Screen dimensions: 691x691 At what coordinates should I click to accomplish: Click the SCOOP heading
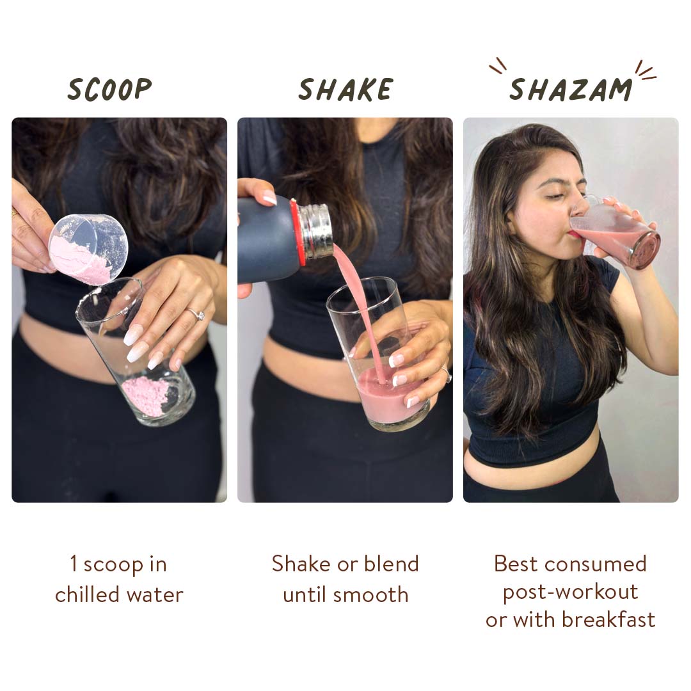tap(110, 89)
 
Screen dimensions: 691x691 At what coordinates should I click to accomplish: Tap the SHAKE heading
tap(345, 90)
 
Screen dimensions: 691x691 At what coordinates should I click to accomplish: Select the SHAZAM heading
tap(571, 90)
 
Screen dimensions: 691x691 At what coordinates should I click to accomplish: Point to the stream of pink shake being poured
tap(359, 308)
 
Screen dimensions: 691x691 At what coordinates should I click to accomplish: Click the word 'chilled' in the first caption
tap(87, 594)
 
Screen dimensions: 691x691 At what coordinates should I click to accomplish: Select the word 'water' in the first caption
tap(155, 596)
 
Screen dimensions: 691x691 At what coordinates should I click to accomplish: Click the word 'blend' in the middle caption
tap(391, 564)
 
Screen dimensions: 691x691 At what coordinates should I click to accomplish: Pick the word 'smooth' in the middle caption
tap(370, 595)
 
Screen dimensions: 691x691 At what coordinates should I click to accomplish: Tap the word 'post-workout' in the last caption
tap(571, 592)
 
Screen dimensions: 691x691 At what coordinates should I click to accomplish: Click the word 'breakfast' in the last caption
tap(609, 619)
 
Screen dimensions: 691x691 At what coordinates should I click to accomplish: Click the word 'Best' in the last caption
tap(516, 564)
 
